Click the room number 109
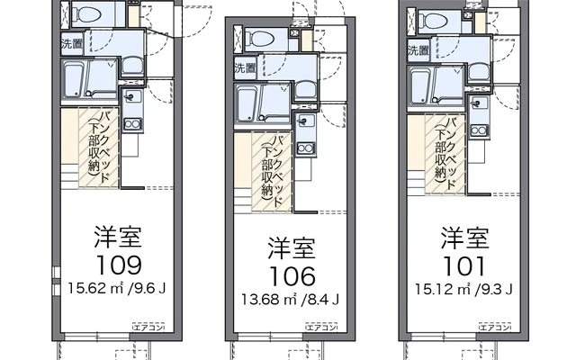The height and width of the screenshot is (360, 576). click(x=119, y=265)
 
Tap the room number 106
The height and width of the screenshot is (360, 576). click(x=292, y=276)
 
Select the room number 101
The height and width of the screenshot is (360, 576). click(x=465, y=266)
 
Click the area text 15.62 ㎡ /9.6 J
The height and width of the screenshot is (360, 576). click(x=117, y=288)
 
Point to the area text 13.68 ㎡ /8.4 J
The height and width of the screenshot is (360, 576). click(x=290, y=300)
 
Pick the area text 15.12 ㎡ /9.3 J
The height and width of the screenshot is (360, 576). click(x=463, y=289)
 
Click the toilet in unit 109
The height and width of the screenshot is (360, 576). click(x=89, y=14)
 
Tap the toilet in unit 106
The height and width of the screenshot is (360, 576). click(x=262, y=39)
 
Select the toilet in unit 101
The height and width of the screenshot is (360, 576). click(x=436, y=20)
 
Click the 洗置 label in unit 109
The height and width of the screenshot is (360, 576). click(x=72, y=44)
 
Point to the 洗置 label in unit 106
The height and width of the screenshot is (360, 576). click(x=246, y=67)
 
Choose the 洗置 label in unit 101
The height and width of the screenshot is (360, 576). click(x=418, y=50)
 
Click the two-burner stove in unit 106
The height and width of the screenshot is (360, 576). click(x=306, y=148)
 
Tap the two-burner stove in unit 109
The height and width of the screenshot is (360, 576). click(x=132, y=124)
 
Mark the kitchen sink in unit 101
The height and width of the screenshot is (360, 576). click(x=479, y=103)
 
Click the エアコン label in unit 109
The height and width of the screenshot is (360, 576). click(x=148, y=327)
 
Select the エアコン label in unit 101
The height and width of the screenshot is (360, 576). click(x=495, y=327)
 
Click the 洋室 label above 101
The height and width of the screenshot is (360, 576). click(x=465, y=238)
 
